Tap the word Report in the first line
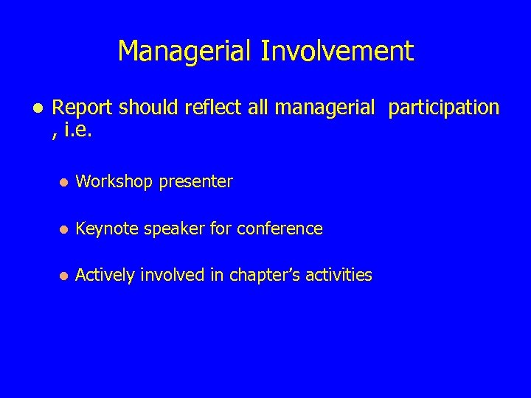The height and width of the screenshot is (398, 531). [83, 108]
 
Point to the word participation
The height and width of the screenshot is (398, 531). [444, 108]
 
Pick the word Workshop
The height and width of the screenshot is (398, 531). [113, 181]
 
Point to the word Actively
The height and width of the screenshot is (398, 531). [105, 275]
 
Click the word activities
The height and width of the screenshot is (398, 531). [337, 275]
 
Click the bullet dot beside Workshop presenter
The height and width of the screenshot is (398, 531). [64, 182]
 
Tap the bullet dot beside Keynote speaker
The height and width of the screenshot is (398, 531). [64, 229]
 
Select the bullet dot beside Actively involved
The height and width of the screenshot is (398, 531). [64, 276]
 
